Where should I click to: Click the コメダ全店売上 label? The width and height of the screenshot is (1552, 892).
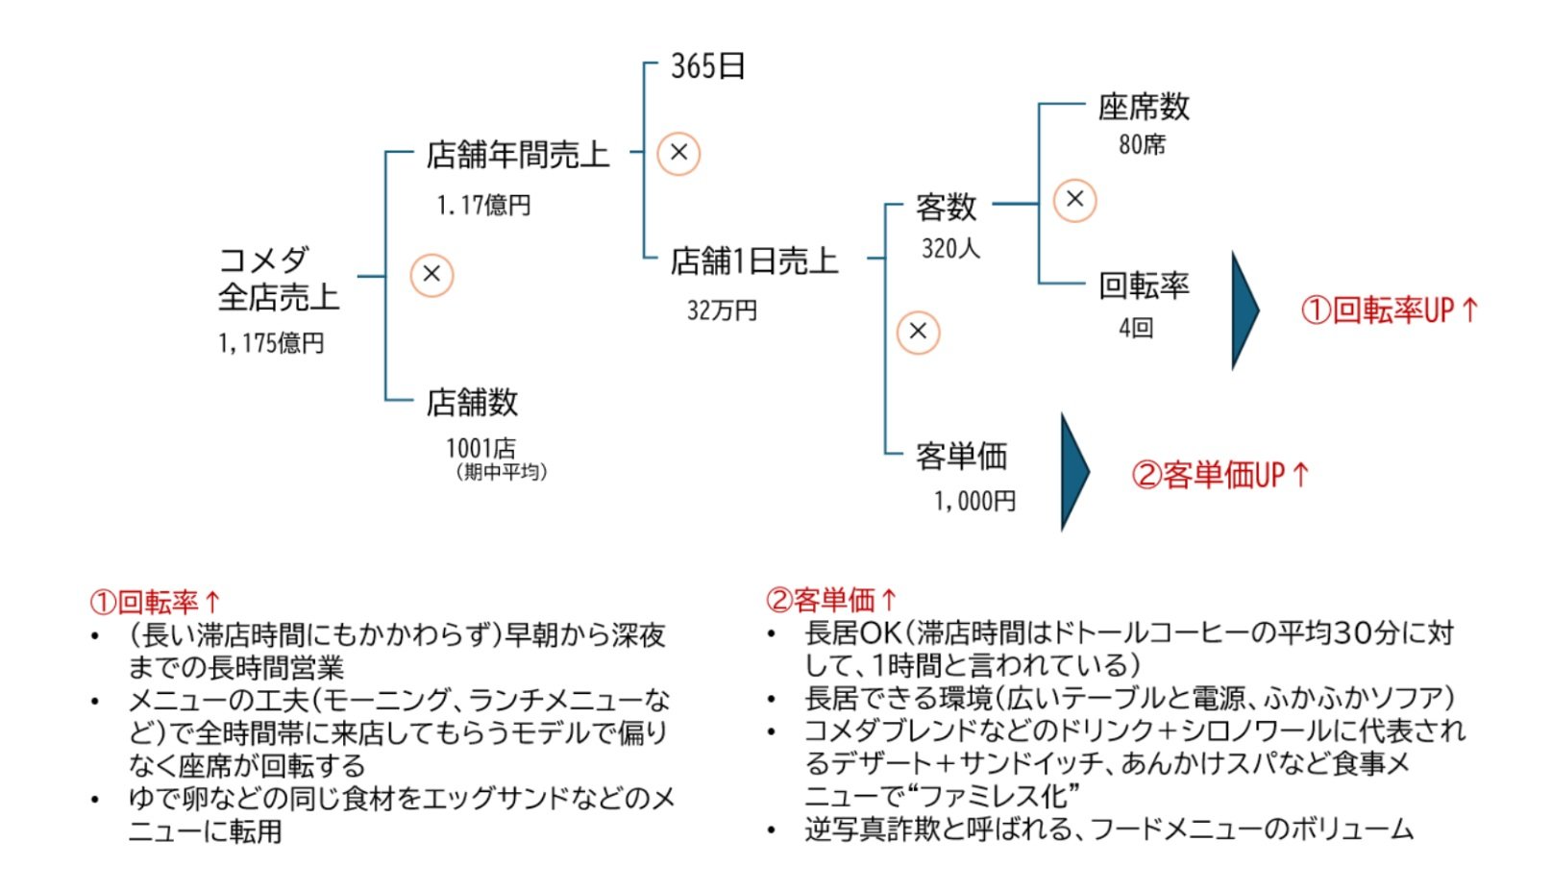click(278, 279)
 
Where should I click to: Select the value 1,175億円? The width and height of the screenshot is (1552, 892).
click(271, 343)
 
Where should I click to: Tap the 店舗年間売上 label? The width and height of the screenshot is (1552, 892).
click(517, 155)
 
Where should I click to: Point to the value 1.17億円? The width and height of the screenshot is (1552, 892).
click(483, 205)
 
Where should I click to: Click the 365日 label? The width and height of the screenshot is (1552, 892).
click(707, 66)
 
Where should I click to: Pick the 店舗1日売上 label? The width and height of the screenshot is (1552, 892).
click(753, 260)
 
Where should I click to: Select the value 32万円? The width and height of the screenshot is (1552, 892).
click(722, 310)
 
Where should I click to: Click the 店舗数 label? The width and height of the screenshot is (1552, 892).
click(472, 402)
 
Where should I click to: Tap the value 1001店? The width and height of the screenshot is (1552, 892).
click(480, 448)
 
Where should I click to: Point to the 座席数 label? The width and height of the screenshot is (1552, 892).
click(1144, 107)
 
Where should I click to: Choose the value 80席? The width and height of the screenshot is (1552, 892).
click(1142, 145)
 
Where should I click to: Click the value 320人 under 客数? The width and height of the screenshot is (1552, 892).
click(950, 249)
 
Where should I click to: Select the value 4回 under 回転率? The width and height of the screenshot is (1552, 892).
click(1135, 328)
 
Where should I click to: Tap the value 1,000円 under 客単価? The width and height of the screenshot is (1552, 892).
click(974, 501)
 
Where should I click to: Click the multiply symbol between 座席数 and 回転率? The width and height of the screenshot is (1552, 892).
click(1074, 200)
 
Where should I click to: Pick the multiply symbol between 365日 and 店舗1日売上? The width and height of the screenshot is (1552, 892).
click(678, 153)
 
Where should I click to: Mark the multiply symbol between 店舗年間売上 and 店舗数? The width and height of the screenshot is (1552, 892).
click(431, 275)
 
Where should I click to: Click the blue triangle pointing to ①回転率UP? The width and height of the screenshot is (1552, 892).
click(1244, 310)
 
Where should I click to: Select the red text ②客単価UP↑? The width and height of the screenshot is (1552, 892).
click(1219, 475)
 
